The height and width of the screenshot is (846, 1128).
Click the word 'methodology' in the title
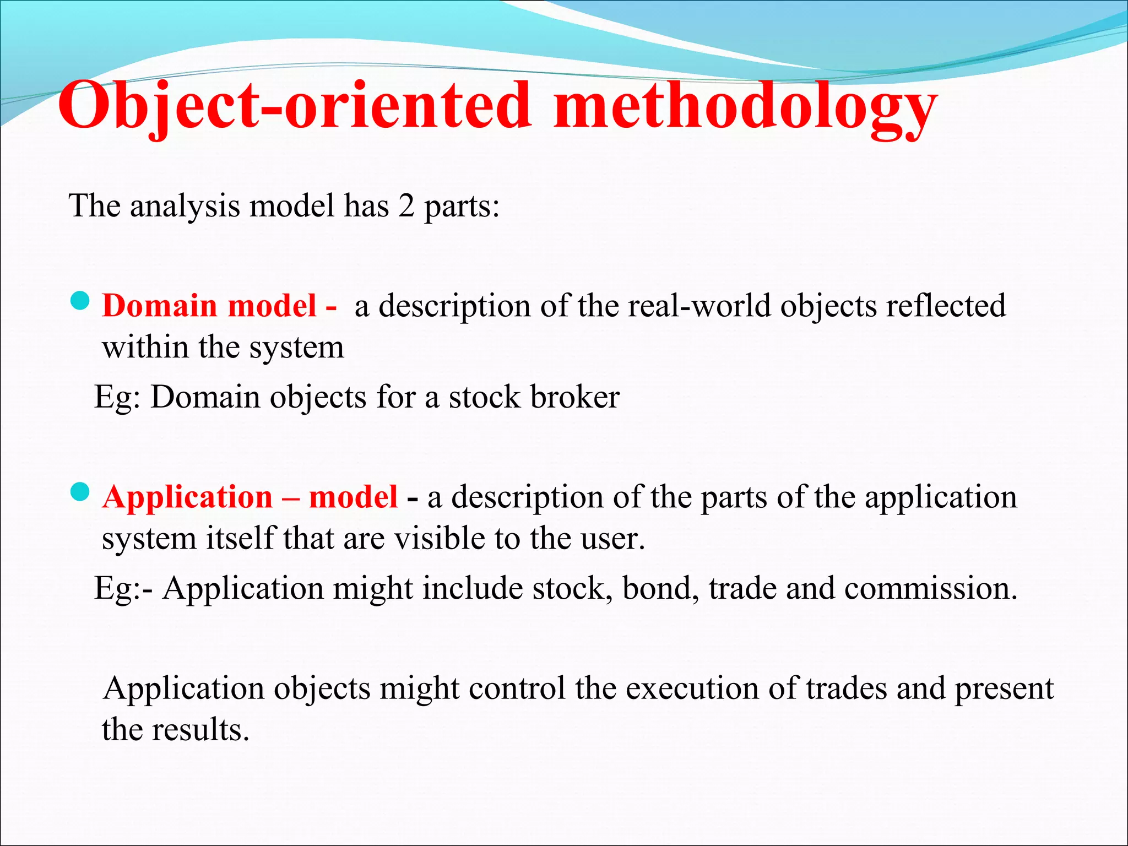[x=745, y=107]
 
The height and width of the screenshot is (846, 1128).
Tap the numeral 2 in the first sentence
[x=406, y=207]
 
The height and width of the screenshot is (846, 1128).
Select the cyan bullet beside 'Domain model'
[x=80, y=301]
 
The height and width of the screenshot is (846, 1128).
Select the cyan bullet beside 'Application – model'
[x=80, y=492]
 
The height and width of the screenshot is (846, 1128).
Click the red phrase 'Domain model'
[x=209, y=306]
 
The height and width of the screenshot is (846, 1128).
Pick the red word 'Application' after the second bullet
[x=187, y=497]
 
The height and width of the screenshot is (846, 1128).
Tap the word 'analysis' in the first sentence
[x=185, y=207]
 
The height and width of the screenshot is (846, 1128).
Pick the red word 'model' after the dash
[x=353, y=497]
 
